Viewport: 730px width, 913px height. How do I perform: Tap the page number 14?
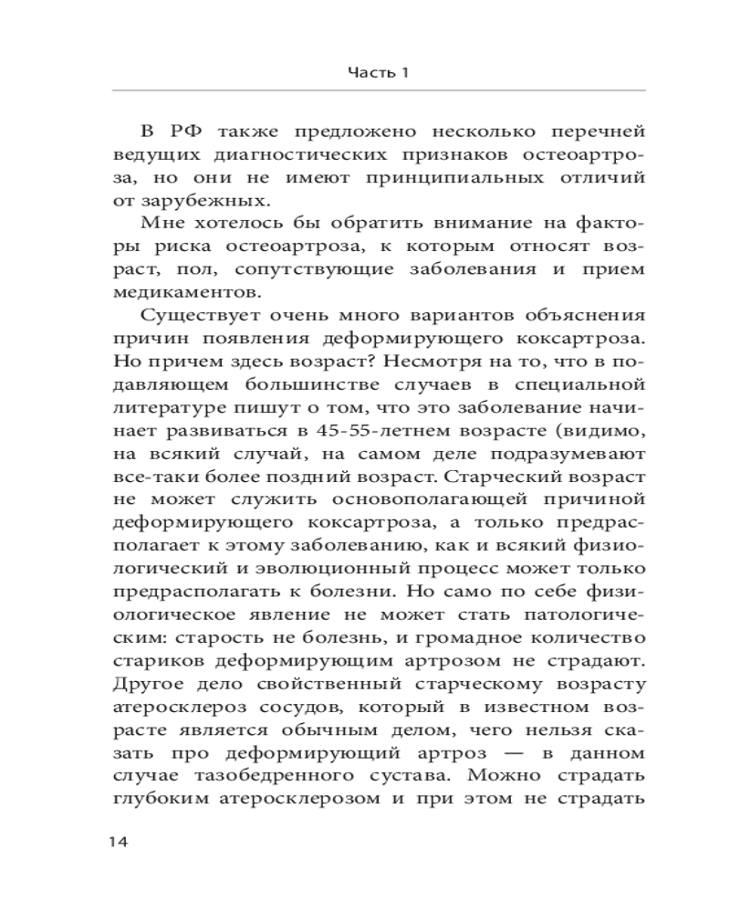(120, 841)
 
